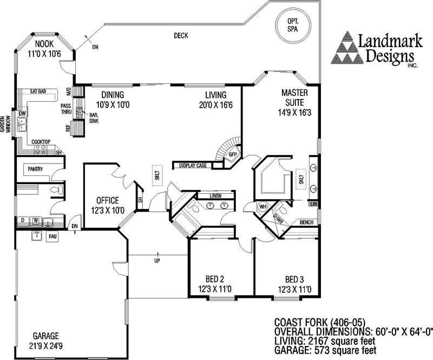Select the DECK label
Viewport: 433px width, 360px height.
pos(181,36)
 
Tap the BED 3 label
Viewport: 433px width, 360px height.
pos(294,284)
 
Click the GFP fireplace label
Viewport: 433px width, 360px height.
pos(233,154)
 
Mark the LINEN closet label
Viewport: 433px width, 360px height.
pos(216,195)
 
